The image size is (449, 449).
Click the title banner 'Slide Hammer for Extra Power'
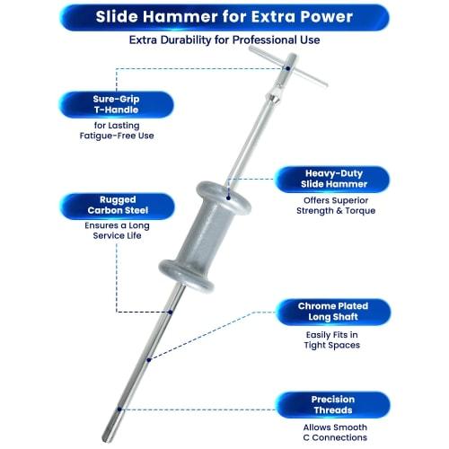(x=225, y=16)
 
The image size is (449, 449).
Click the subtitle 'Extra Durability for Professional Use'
(x=224, y=40)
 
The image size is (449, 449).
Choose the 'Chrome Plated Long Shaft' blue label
(x=333, y=312)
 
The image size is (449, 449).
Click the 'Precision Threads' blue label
(x=333, y=405)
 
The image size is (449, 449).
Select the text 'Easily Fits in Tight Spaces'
(x=333, y=339)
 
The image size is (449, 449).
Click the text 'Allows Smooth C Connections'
(x=333, y=432)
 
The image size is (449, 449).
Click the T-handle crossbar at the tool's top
(x=286, y=67)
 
